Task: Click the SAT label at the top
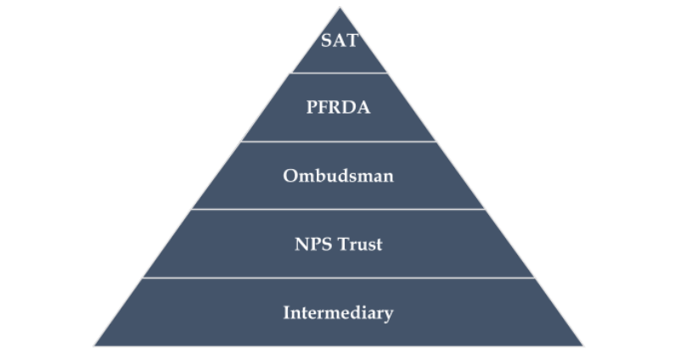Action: point(339,41)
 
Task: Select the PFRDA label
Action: point(339,108)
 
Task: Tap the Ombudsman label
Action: point(339,177)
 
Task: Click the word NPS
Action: point(309,245)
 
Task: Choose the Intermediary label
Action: point(339,312)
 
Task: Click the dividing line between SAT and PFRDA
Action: point(339,73)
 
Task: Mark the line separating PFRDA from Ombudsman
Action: point(339,141)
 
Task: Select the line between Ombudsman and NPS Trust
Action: point(339,209)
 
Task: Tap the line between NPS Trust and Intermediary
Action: point(339,278)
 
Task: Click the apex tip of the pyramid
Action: point(340,9)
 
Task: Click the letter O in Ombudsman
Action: point(290,177)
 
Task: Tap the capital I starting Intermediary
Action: point(286,312)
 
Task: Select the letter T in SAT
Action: point(351,41)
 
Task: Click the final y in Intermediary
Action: point(389,314)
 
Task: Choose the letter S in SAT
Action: point(326,41)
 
